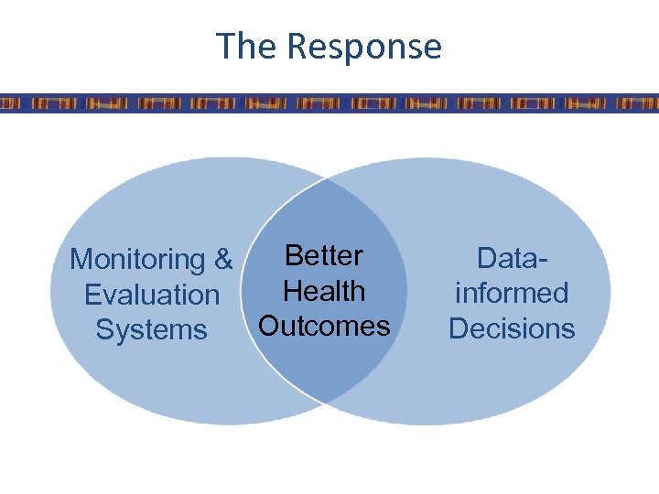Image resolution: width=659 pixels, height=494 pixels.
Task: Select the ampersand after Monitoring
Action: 223,260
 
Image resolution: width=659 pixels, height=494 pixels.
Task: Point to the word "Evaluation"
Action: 152,295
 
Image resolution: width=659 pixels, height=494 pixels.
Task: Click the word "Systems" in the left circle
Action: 152,329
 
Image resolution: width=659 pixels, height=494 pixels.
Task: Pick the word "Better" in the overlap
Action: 324,255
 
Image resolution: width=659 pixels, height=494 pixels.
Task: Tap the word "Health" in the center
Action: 324,291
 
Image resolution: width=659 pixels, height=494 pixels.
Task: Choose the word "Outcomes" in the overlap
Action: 324,326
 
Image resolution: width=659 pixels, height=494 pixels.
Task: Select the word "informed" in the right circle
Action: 512,293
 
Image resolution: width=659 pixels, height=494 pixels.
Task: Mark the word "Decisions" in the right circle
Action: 512,328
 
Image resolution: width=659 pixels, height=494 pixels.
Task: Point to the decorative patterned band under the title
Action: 329,102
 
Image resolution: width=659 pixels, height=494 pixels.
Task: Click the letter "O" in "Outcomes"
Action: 269,326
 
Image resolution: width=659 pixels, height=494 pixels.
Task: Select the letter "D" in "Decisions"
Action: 458,328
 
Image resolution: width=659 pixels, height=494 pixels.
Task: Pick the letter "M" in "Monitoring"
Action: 81,260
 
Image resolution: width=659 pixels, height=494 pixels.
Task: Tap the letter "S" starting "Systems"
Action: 104,329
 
